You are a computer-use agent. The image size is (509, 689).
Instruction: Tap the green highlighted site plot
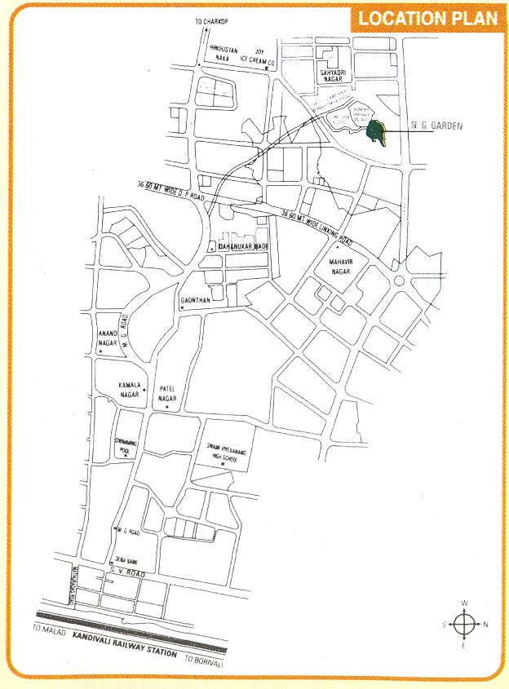point(377,132)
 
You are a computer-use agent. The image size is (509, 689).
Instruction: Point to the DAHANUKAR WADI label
point(243,245)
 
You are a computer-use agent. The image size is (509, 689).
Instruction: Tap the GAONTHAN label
point(196,300)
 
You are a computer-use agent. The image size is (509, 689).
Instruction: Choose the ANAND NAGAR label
point(108,338)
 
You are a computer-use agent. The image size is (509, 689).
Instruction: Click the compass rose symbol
point(463,625)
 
